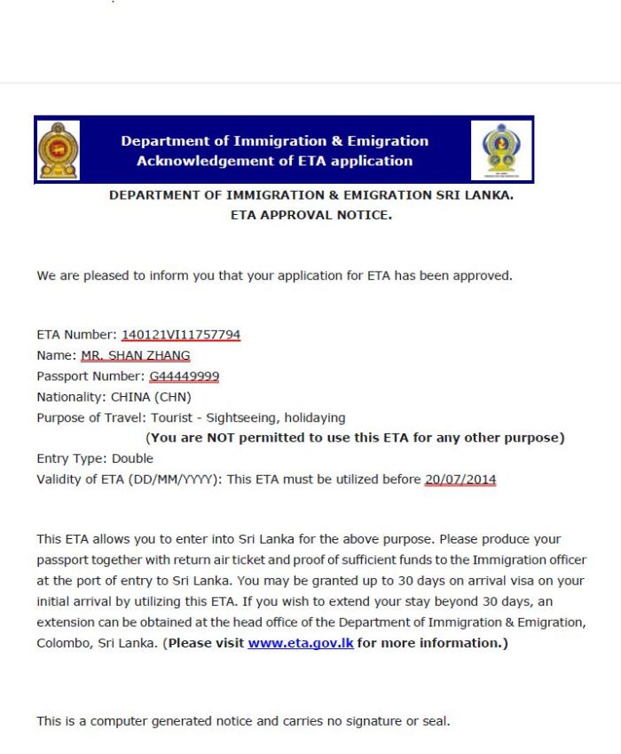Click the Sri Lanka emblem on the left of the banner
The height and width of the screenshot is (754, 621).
pyautogui.click(x=59, y=149)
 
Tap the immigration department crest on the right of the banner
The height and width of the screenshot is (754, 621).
pyautogui.click(x=501, y=149)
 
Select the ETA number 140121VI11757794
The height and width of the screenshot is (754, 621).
pyautogui.click(x=181, y=335)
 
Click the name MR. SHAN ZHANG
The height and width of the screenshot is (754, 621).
pyautogui.click(x=135, y=355)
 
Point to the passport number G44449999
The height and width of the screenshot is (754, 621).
pyautogui.click(x=184, y=376)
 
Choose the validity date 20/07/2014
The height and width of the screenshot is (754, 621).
pyautogui.click(x=460, y=480)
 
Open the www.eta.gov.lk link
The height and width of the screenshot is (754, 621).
pyautogui.click(x=301, y=642)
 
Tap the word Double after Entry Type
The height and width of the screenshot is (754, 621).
pyautogui.click(x=132, y=458)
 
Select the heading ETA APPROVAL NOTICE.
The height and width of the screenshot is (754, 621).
pyautogui.click(x=310, y=214)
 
